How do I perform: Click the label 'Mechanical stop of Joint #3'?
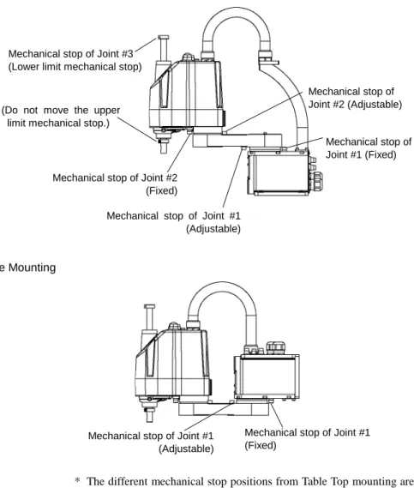tap(70, 54)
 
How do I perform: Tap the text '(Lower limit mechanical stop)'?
tap(75, 67)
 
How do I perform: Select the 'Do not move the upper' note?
tap(61, 110)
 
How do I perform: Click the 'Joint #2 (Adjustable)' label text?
tap(355, 105)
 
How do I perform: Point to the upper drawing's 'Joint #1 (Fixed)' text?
tap(361, 154)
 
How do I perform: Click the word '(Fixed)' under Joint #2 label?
tap(161, 190)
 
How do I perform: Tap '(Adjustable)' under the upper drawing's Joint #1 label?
tap(213, 229)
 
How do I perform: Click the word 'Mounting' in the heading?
tap(32, 268)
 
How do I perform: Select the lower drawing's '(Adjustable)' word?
tap(186, 449)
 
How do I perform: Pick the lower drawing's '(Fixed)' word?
tap(261, 445)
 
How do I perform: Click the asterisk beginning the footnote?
tap(78, 480)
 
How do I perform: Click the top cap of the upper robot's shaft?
tap(164, 38)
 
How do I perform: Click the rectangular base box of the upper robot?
tap(279, 172)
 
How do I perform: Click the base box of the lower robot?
tap(267, 377)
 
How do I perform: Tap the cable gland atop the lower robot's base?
tap(276, 348)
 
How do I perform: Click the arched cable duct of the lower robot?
tap(222, 288)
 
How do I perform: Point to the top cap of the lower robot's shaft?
tap(150, 306)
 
